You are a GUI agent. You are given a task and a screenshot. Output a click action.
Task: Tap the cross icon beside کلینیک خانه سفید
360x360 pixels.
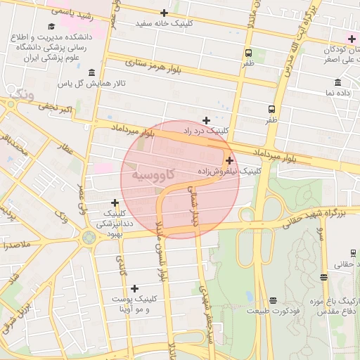click(164, 13)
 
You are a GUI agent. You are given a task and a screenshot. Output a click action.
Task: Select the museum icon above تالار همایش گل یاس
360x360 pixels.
click(92, 73)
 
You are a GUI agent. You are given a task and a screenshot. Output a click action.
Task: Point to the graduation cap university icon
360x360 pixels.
click(51, 27)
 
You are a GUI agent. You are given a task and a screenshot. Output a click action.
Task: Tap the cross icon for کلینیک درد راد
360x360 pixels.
click(206, 120)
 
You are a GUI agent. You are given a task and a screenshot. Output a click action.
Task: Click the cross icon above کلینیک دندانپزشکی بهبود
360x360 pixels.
click(115, 202)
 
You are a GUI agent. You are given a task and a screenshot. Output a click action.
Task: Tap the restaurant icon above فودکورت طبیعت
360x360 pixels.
click(273, 300)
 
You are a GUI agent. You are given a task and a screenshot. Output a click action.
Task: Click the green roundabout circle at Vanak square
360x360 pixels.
click(89, 238)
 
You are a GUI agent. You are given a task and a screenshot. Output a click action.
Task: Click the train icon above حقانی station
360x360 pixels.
click(353, 253)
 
